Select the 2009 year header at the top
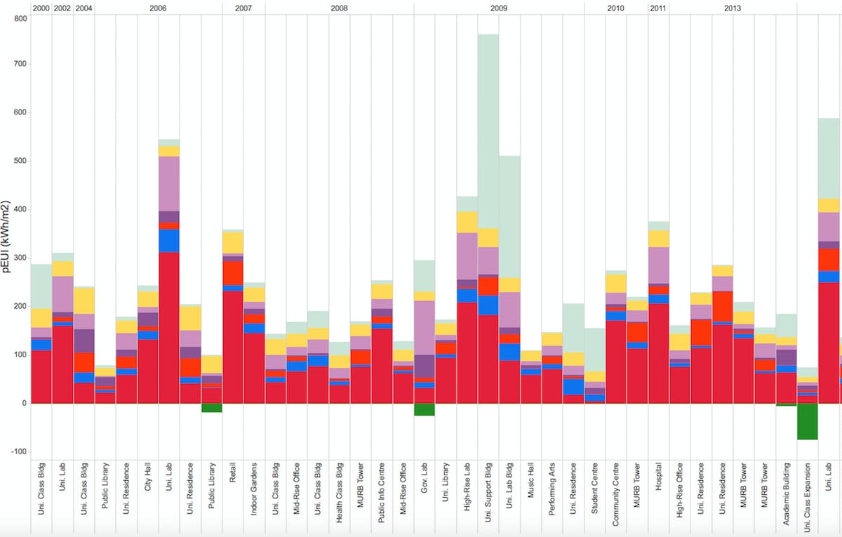(x=499, y=8)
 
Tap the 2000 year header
(x=41, y=8)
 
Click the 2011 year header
(x=658, y=8)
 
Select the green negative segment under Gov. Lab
(x=425, y=409)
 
